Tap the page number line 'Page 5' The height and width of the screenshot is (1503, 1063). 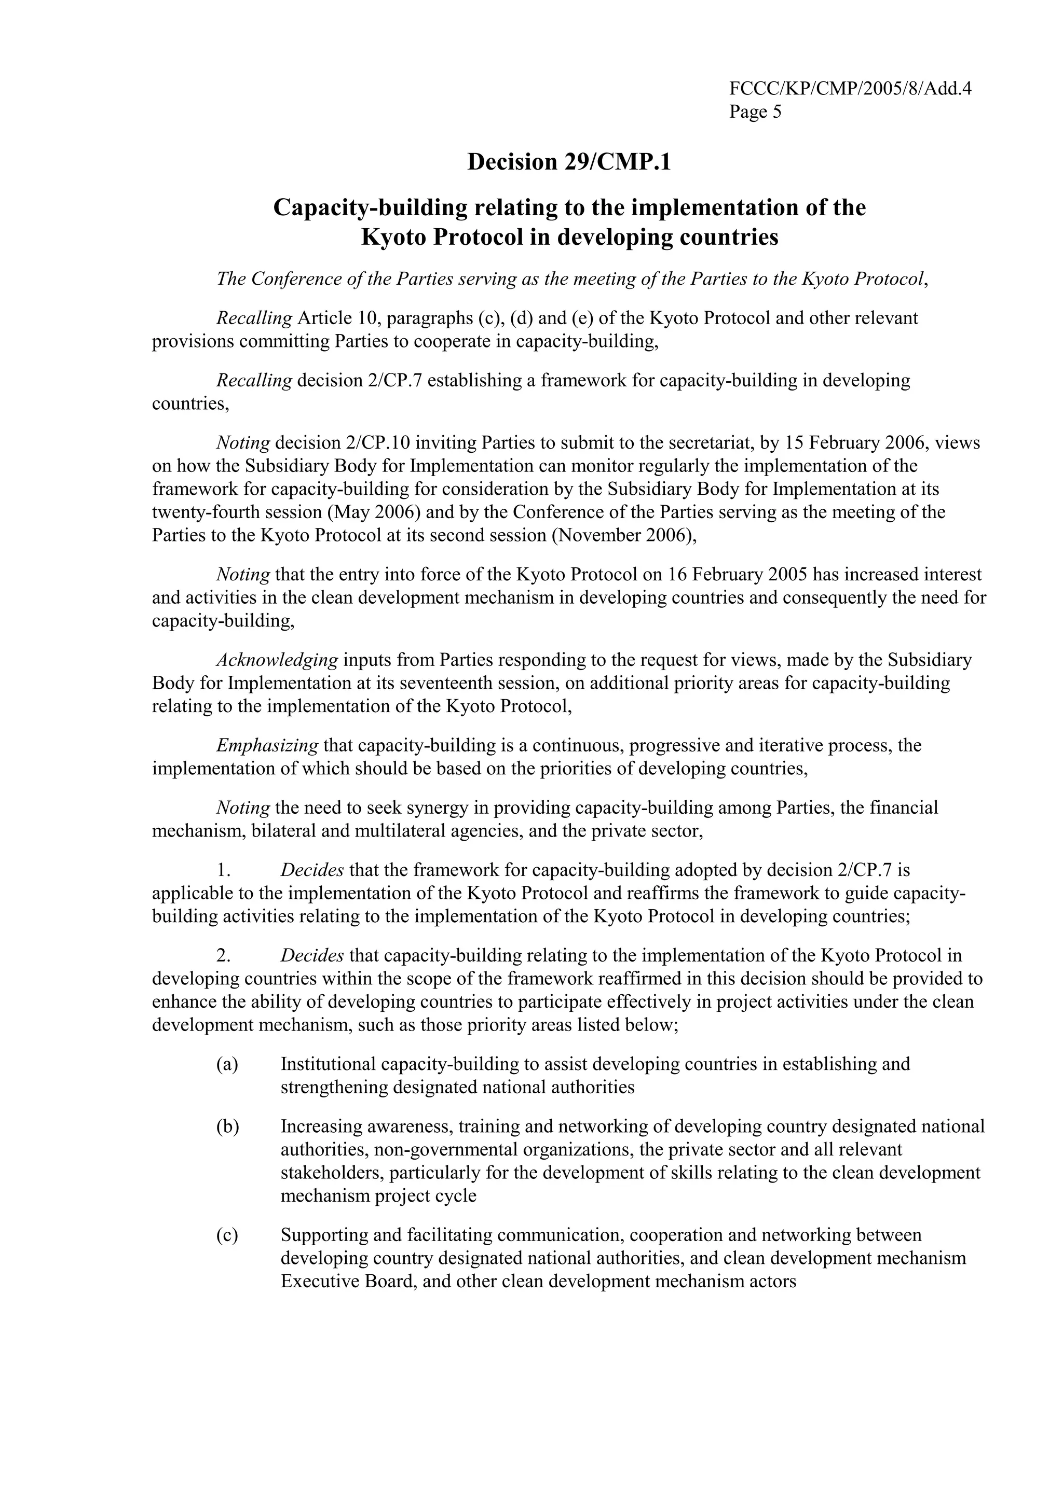pyautogui.click(x=755, y=112)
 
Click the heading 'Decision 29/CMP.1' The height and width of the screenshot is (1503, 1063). pyautogui.click(x=568, y=162)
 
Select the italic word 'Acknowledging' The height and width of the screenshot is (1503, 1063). pyautogui.click(x=277, y=660)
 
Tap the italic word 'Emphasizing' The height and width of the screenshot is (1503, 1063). pyautogui.click(x=267, y=745)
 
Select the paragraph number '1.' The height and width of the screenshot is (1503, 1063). pyautogui.click(x=223, y=870)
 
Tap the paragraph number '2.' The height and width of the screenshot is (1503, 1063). pyautogui.click(x=223, y=956)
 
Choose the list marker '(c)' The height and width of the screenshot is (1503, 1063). pyautogui.click(x=227, y=1235)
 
